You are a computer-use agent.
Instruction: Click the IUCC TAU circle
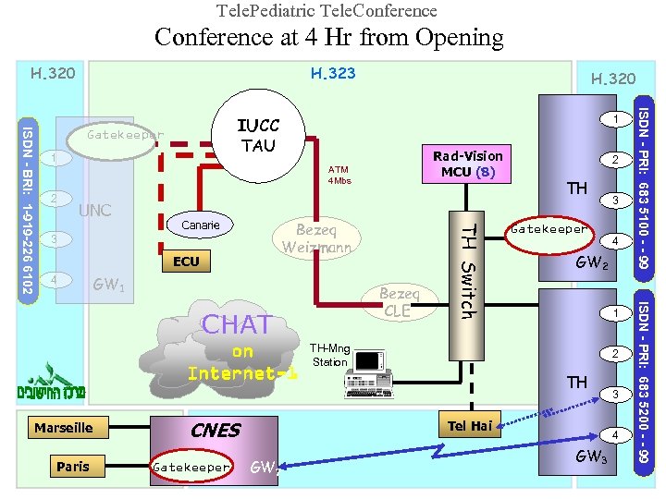click(x=258, y=135)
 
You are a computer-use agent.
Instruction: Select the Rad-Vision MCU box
click(x=469, y=164)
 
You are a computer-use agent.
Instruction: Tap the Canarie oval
click(x=200, y=225)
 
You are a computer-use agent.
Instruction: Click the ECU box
click(x=186, y=262)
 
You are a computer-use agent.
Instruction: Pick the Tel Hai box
click(x=469, y=425)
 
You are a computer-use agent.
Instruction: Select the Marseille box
click(x=64, y=428)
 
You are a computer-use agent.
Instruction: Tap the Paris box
click(x=73, y=467)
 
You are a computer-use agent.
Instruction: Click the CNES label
click(x=215, y=431)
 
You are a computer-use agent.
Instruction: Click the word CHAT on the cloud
click(x=237, y=324)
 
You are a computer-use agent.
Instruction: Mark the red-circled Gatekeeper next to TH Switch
click(x=549, y=229)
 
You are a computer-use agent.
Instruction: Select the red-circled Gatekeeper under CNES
click(x=191, y=468)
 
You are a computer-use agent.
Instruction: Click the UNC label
click(x=94, y=211)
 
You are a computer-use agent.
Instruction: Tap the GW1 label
click(x=109, y=286)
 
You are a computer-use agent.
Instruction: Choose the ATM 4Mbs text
click(x=339, y=175)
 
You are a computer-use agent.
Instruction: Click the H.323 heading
click(x=332, y=73)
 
